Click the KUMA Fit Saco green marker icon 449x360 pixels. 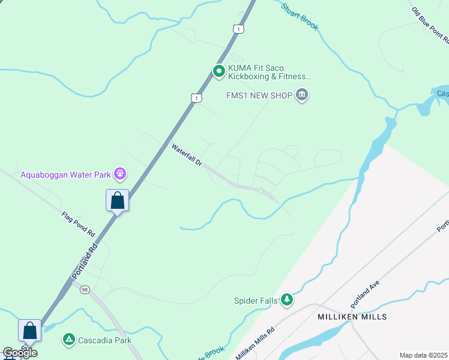pos(219,72)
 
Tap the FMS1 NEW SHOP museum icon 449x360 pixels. pos(302,95)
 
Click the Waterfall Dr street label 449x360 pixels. pos(187,155)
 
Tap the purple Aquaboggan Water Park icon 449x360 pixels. pos(121,175)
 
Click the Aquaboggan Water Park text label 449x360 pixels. pos(66,175)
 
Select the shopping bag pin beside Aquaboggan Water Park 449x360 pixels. pos(118,200)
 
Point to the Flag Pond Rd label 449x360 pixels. pos(79,223)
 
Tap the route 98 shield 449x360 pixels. pos(84,290)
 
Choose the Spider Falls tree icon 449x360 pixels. pos(287,299)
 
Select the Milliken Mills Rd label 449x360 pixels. pos(255,344)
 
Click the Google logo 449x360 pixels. pos(20,353)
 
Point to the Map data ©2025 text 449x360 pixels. pos(423,355)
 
